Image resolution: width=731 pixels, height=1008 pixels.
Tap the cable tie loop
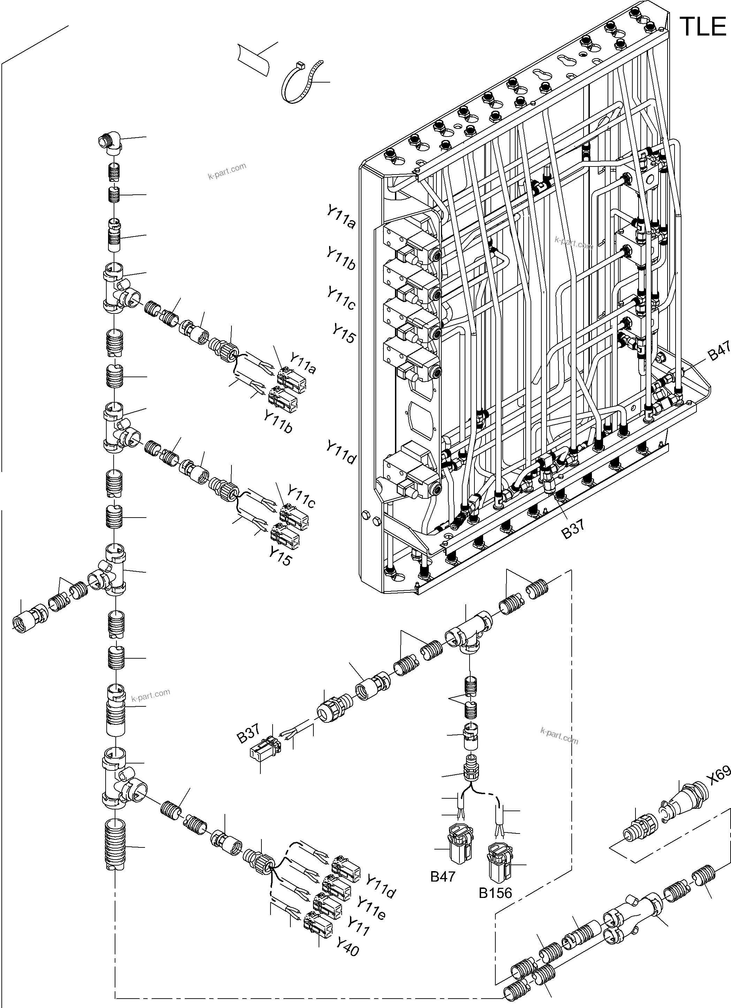301,82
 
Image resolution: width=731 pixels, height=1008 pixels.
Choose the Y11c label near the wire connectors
301,497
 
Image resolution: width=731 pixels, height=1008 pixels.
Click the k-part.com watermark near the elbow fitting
227,170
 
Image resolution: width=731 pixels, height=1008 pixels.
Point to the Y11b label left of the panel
341,259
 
